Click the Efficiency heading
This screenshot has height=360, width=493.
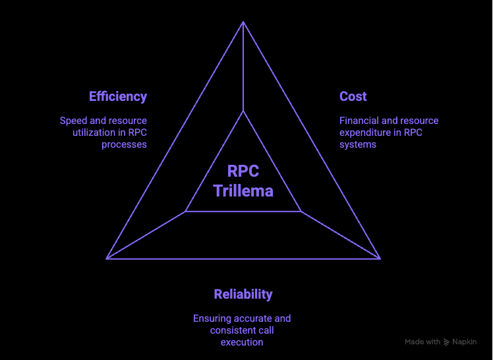click(x=118, y=97)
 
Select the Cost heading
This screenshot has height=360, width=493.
click(x=353, y=97)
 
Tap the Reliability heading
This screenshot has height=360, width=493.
click(x=243, y=294)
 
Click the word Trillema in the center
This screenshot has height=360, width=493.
click(x=243, y=191)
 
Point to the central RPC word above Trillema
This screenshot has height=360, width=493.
click(x=243, y=171)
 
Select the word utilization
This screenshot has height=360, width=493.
click(x=96, y=133)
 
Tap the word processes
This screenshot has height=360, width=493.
click(x=124, y=144)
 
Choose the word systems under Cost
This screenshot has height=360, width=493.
click(x=358, y=144)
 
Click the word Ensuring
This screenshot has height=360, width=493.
click(x=214, y=318)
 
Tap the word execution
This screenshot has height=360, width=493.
click(x=242, y=342)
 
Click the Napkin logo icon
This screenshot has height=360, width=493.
click(x=447, y=342)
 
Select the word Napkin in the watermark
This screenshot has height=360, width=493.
click(x=464, y=342)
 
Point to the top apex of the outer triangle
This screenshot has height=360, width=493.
click(x=243, y=22)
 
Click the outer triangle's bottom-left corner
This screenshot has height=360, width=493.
click(x=107, y=258)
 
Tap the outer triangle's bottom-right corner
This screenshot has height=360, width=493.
click(x=380, y=258)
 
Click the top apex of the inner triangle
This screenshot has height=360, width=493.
click(x=243, y=111)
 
